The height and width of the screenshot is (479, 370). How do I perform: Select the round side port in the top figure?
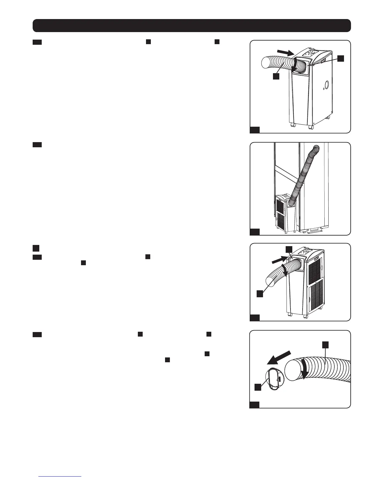point(326,84)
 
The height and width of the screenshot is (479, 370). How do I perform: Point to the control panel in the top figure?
point(309,53)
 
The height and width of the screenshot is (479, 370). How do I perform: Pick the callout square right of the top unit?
point(341,58)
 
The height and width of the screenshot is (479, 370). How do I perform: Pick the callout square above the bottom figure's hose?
point(325,345)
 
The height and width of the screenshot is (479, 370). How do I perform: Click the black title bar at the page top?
point(192,26)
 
